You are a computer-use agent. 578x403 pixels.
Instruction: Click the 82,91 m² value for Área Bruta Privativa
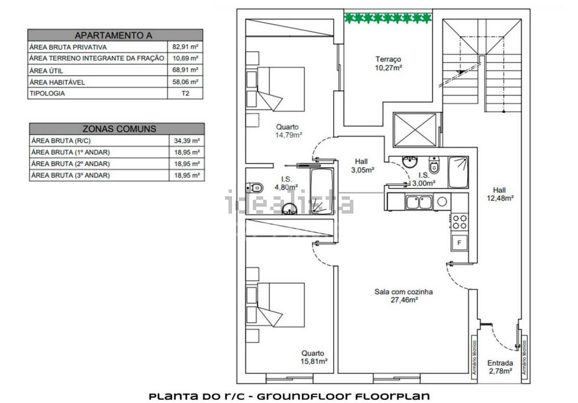185,47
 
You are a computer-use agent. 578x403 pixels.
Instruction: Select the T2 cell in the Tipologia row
185,93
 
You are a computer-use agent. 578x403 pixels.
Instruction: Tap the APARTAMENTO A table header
114,35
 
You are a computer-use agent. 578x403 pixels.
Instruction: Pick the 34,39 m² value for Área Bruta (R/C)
187,141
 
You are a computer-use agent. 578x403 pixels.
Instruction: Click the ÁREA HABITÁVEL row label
57,82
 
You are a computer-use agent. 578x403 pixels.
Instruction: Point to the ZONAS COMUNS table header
119,129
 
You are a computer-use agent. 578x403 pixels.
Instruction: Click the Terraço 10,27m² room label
388,64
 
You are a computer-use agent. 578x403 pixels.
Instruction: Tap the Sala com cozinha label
403,292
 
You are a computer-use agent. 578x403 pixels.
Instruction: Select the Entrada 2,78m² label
500,367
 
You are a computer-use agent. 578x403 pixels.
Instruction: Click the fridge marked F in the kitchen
459,242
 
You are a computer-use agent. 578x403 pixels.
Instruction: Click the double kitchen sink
419,202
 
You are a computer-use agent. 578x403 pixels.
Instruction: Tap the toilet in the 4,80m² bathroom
254,188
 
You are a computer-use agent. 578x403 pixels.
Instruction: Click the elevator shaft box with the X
415,130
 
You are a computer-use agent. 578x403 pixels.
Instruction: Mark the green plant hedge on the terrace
388,18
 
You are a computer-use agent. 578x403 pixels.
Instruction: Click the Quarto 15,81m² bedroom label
314,357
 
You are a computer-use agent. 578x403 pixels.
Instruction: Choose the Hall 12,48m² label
500,194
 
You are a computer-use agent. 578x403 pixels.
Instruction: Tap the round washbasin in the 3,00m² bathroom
410,162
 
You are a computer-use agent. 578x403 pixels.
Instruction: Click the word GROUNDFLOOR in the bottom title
304,396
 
